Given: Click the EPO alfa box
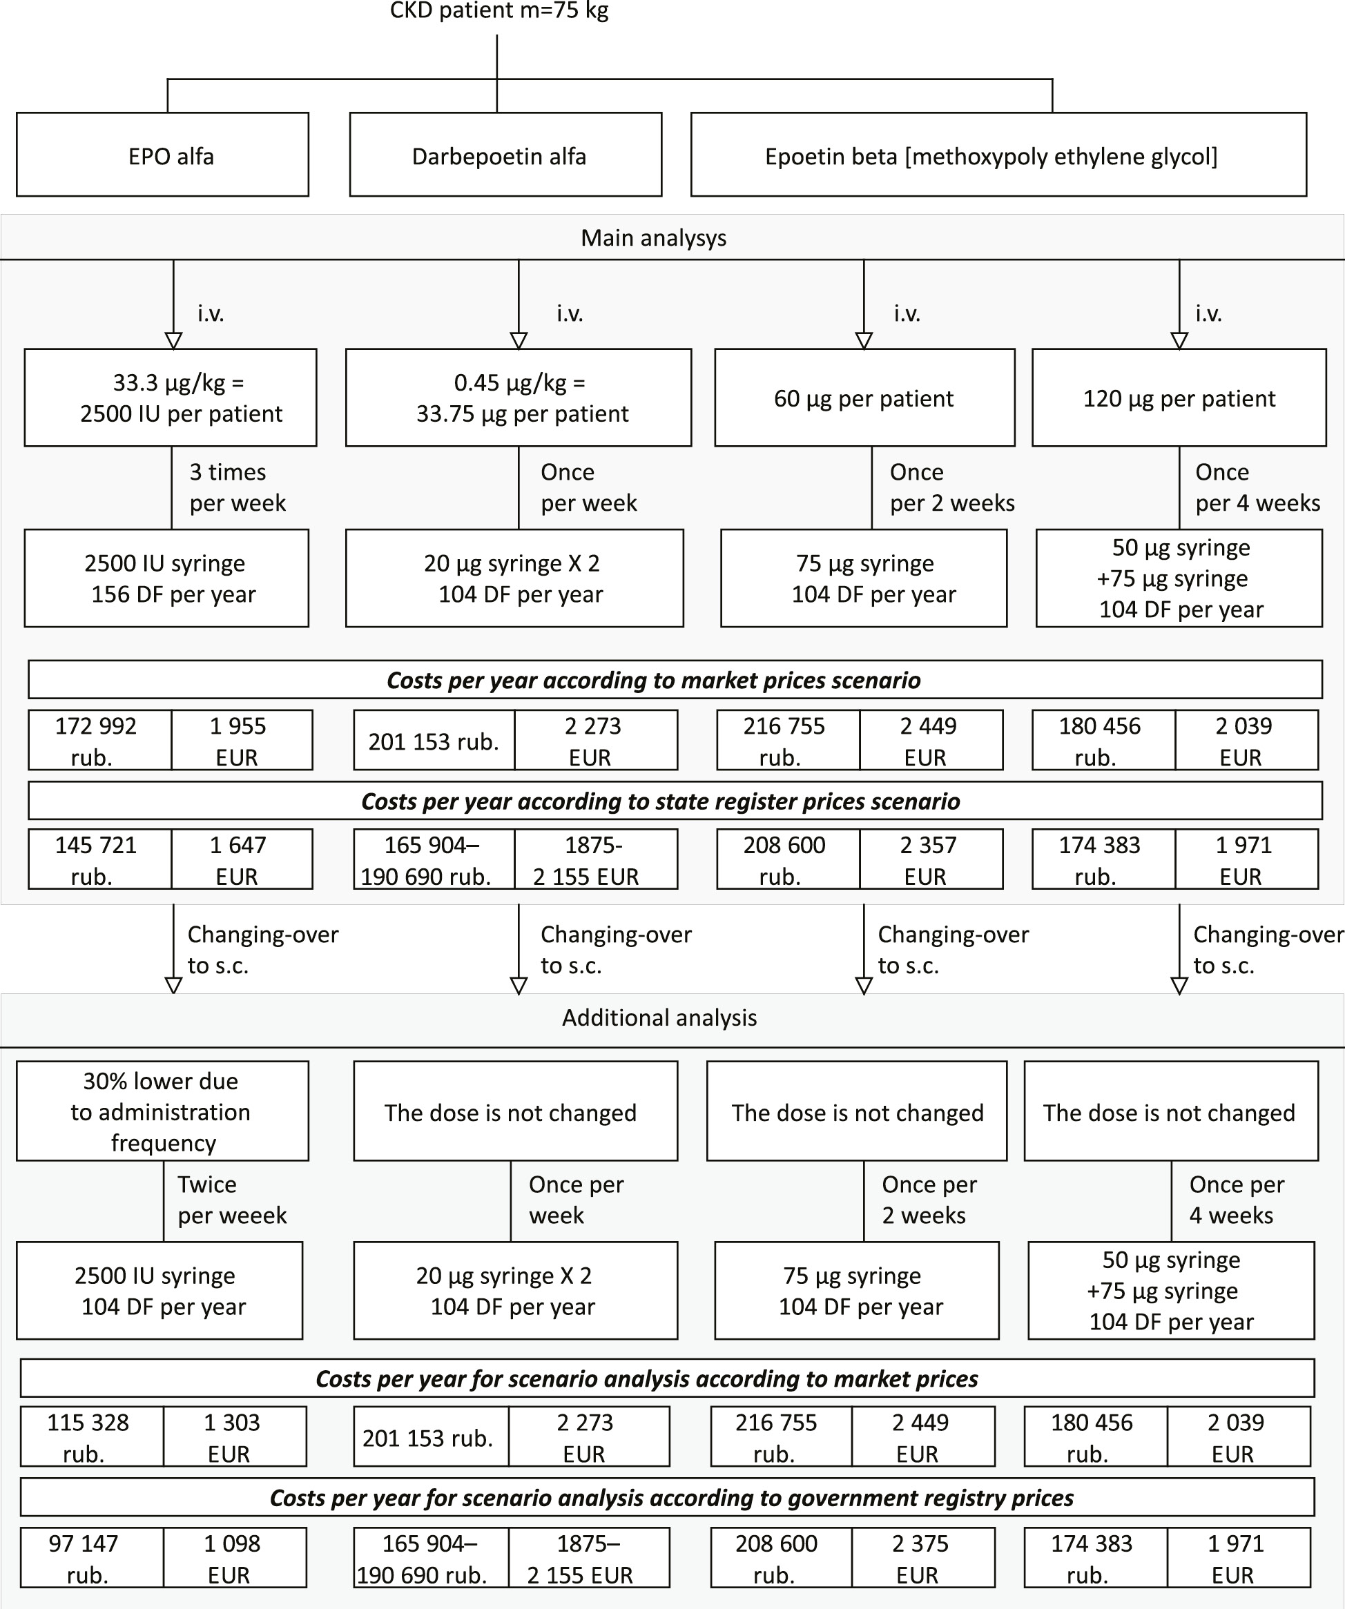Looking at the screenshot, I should point(162,155).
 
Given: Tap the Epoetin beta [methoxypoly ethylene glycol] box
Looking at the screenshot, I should point(998,155).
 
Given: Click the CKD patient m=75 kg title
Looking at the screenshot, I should point(499,12).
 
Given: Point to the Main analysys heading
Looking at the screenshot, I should point(653,237).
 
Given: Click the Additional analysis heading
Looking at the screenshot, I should point(659,1017).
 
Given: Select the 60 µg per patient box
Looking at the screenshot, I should point(864,398).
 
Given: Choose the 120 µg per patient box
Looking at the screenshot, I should point(1179,398).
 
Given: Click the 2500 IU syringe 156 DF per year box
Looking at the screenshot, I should point(166,578).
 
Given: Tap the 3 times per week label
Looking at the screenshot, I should point(237,487).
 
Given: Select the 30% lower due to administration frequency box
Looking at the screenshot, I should point(162,1111).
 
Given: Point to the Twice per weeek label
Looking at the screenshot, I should point(231,1200).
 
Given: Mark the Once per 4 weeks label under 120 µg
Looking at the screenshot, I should point(1257,487).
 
